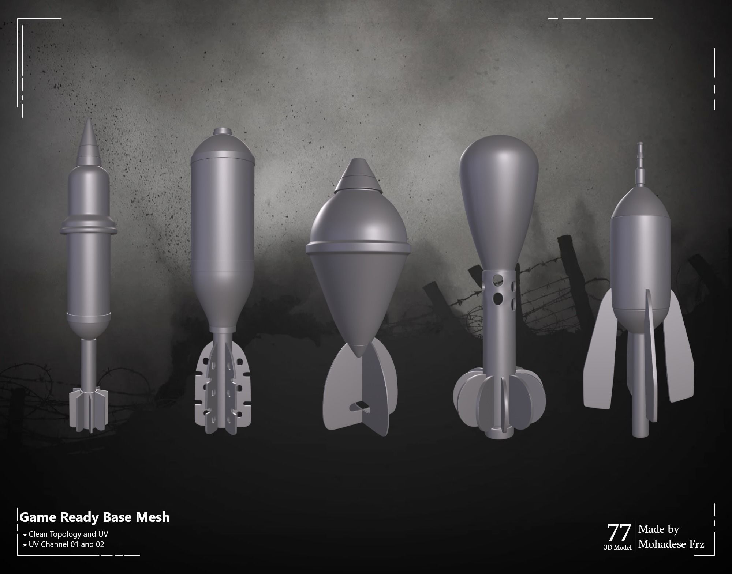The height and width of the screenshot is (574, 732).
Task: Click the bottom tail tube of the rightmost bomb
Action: pyautogui.click(x=640, y=420)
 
